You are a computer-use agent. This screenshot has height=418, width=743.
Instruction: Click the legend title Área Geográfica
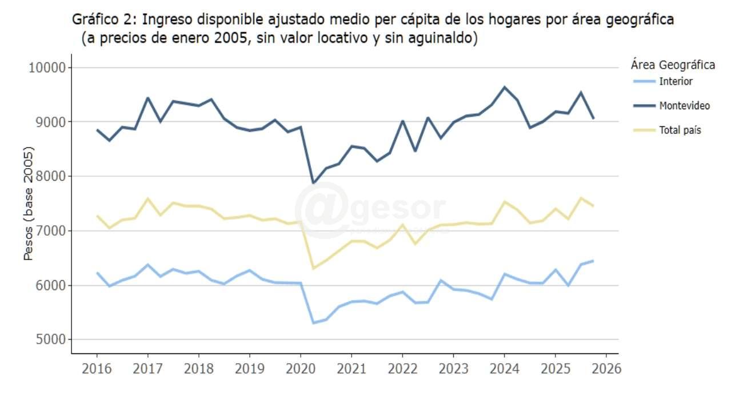pyautogui.click(x=673, y=65)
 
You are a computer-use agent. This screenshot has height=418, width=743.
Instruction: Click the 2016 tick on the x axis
pyautogui.click(x=97, y=368)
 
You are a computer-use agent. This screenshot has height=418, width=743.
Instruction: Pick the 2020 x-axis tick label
pyautogui.click(x=301, y=368)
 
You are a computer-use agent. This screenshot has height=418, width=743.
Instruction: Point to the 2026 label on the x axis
pyautogui.click(x=606, y=368)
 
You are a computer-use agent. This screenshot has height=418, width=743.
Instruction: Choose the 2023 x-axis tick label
pyautogui.click(x=453, y=368)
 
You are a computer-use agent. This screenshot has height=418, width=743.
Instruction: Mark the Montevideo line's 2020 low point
pyautogui.click(x=313, y=183)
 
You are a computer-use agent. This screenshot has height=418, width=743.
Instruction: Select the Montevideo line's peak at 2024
pyautogui.click(x=504, y=87)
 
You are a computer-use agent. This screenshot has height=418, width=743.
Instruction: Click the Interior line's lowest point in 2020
pyautogui.click(x=313, y=323)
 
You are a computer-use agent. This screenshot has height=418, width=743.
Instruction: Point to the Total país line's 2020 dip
pyautogui.click(x=313, y=268)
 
